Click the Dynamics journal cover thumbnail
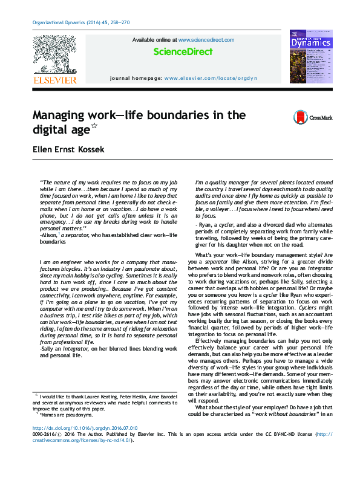click(310, 57)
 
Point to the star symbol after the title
click(94, 126)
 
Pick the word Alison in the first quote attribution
click(49, 235)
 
